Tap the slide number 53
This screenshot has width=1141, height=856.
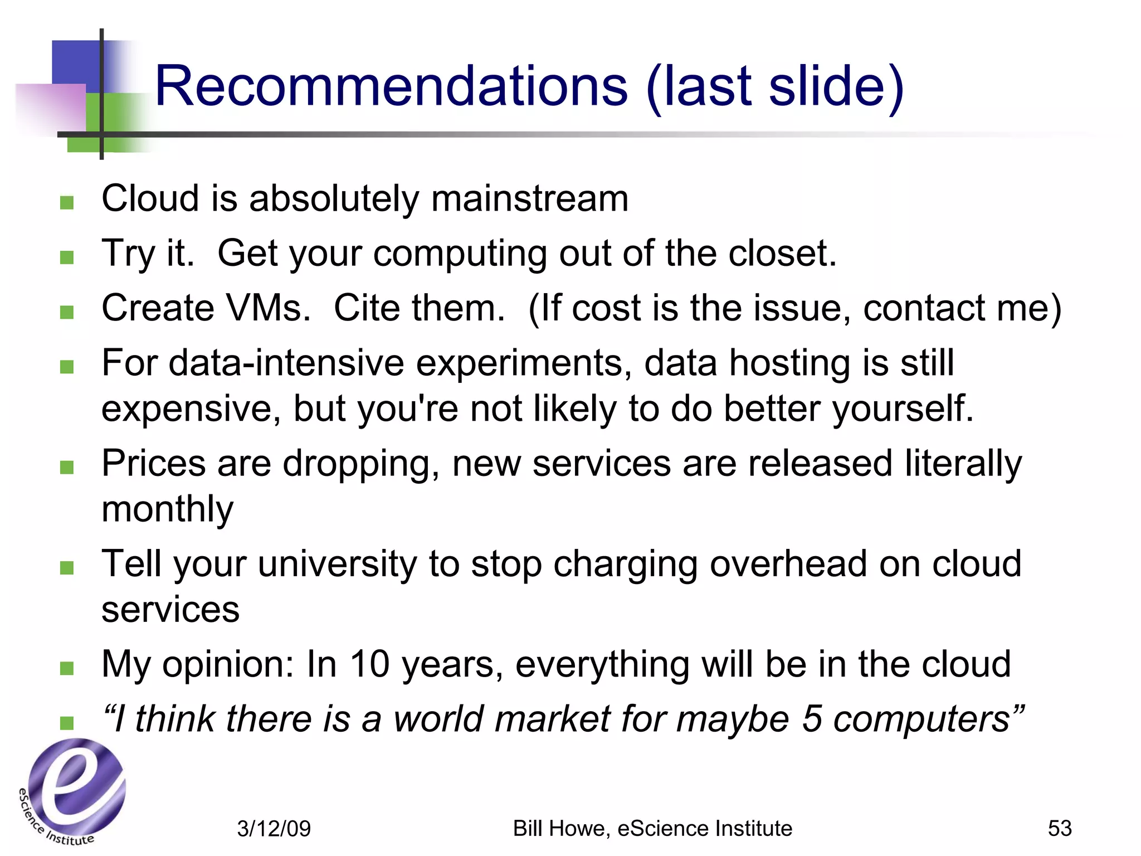pyautogui.click(x=1059, y=828)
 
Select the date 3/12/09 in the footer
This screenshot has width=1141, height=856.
pyautogui.click(x=274, y=829)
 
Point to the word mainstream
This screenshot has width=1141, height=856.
pyautogui.click(x=530, y=198)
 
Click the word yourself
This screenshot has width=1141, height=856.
pyautogui.click(x=903, y=408)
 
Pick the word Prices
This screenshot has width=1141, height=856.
pyautogui.click(x=153, y=463)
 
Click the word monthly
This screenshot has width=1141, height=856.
pyautogui.click(x=167, y=509)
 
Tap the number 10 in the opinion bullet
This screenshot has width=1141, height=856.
pyautogui.click(x=369, y=664)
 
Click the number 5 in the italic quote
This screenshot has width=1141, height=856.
pyautogui.click(x=812, y=719)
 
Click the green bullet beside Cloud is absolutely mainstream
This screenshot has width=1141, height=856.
pyautogui.click(x=67, y=202)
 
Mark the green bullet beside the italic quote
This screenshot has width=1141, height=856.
pyautogui.click(x=67, y=723)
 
